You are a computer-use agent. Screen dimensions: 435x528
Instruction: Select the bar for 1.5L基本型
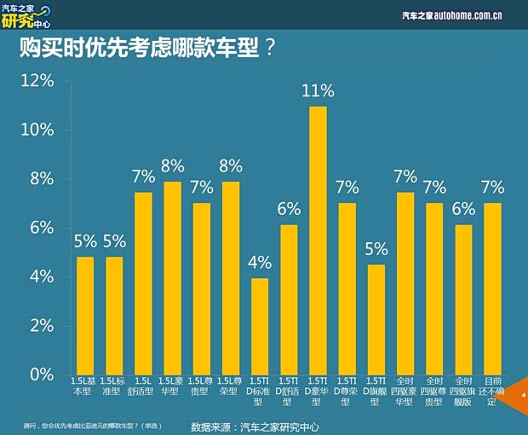coord(85,316)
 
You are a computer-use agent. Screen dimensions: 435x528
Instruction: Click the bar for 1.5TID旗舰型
coord(376,319)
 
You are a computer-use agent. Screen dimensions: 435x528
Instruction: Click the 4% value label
coord(260,263)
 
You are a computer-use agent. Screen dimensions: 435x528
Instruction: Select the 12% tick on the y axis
coord(37,80)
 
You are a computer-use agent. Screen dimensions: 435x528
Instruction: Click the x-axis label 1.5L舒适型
coord(143,391)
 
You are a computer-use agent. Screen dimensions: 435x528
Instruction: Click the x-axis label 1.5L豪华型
coord(172,391)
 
